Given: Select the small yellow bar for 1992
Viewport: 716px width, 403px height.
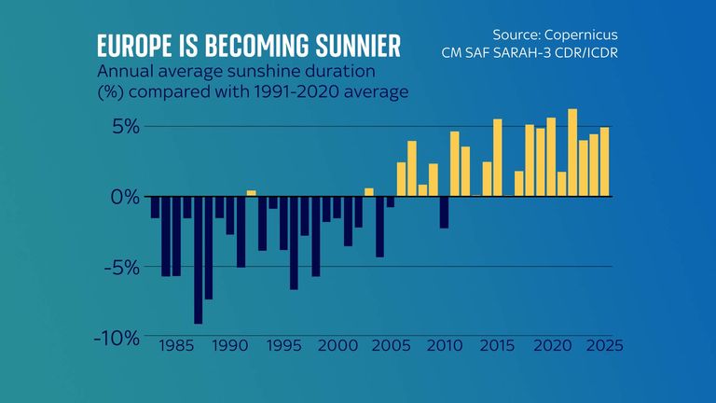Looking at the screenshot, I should point(251,193).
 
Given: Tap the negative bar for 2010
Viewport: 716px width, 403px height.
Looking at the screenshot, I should point(444,212).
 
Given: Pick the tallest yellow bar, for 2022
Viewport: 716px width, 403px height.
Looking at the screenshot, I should point(572,153).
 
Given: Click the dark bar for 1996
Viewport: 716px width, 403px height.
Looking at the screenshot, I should point(294,243).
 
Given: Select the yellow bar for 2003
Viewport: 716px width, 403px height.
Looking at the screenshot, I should point(369,192).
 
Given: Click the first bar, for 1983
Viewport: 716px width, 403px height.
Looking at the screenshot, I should point(155,207).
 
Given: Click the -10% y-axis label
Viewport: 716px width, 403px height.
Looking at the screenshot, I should point(117,337).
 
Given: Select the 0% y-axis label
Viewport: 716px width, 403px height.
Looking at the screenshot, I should point(125,198).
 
